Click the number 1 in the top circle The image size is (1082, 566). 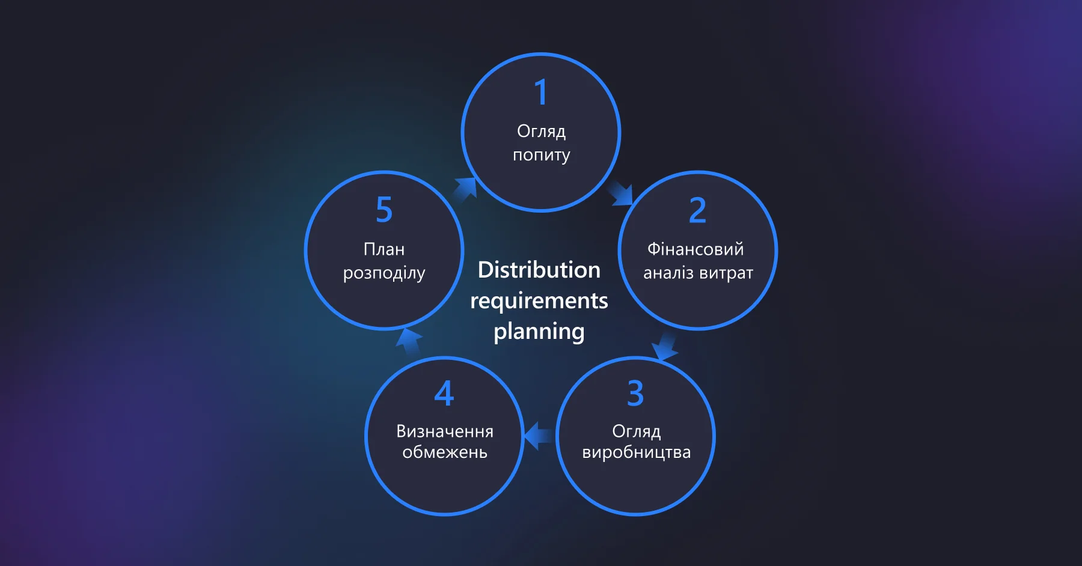[x=541, y=93]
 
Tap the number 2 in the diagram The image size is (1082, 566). [x=697, y=210]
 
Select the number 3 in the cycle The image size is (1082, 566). [x=635, y=394]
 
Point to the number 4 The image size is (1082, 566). [x=444, y=394]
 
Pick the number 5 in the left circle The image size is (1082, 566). [x=384, y=210]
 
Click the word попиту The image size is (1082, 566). [x=541, y=155]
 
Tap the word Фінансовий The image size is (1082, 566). [x=695, y=249]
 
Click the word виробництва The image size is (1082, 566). [x=636, y=452]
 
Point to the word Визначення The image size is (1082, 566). [x=445, y=431]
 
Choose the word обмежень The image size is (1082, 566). [x=445, y=452]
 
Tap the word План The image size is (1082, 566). [x=384, y=249]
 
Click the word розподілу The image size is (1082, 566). [x=384, y=273]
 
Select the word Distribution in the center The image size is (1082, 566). [x=539, y=270]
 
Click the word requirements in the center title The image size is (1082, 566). [x=539, y=300]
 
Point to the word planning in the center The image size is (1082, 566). [x=539, y=332]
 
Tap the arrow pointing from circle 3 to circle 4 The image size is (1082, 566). [x=538, y=436]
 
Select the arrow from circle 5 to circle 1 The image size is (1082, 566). [x=465, y=189]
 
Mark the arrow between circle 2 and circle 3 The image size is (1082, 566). [x=664, y=347]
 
